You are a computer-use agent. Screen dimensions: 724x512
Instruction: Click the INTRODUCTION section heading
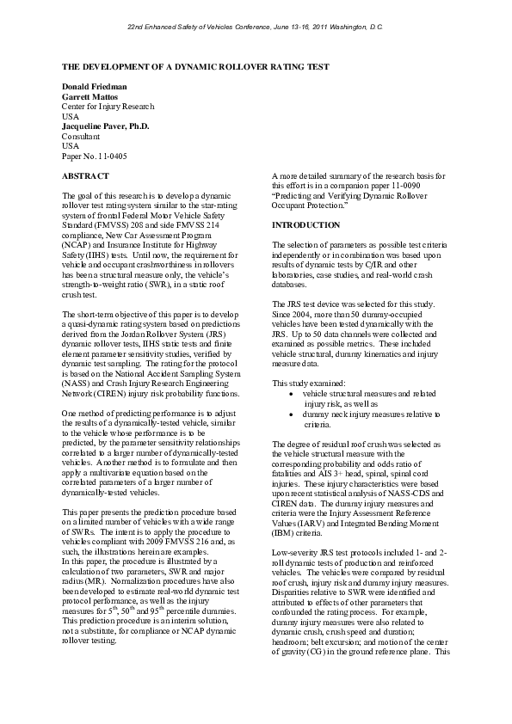pos(305,225)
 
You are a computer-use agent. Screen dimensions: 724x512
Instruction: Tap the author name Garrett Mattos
pos(90,97)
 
